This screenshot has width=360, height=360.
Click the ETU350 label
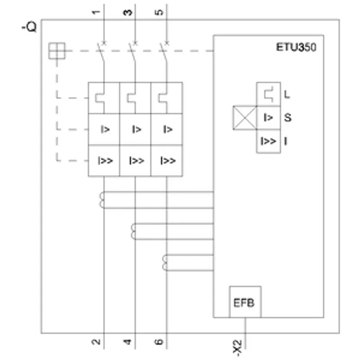(x=296, y=47)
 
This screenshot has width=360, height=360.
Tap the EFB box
(x=245, y=302)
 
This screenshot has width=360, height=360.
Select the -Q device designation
(x=29, y=27)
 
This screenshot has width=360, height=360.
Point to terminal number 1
(x=96, y=12)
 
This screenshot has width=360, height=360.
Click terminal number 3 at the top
(x=128, y=12)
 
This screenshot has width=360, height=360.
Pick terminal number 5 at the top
(x=159, y=12)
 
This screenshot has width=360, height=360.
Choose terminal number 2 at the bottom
(x=96, y=342)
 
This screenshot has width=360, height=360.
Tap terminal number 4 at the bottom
(x=127, y=342)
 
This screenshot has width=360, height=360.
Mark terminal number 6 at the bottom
(x=159, y=342)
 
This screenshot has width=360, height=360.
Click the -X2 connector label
(x=237, y=348)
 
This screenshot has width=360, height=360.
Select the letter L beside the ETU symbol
(x=287, y=94)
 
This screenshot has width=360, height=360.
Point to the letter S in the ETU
(x=288, y=117)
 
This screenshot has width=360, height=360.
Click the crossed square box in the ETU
(x=245, y=118)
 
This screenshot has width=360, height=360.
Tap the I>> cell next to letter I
(x=268, y=141)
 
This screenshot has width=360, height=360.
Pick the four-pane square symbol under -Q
(x=57, y=51)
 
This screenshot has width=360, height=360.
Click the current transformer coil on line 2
(x=102, y=200)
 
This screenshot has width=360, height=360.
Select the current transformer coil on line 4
(x=133, y=231)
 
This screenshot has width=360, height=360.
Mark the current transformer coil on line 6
(x=164, y=263)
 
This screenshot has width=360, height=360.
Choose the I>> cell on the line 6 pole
(x=166, y=161)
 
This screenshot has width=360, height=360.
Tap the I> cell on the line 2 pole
(x=104, y=129)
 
